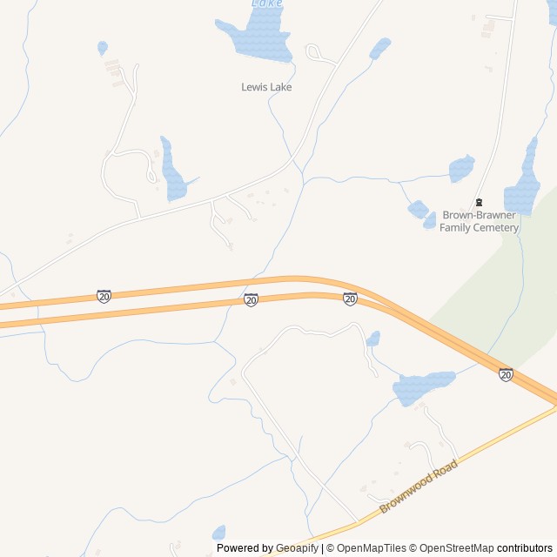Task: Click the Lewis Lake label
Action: click(x=266, y=87)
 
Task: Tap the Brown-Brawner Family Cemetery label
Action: click(x=479, y=222)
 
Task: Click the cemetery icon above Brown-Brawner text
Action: click(x=478, y=202)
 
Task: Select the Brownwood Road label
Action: click(x=418, y=487)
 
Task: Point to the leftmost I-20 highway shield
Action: click(x=104, y=296)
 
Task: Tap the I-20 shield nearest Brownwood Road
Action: click(x=506, y=374)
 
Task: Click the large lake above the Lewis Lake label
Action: click(x=254, y=37)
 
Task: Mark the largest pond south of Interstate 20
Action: click(x=423, y=386)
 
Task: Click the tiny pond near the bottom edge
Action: click(x=218, y=532)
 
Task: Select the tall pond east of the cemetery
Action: click(x=524, y=178)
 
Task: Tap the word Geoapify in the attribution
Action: click(x=297, y=548)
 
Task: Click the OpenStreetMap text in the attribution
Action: click(x=452, y=548)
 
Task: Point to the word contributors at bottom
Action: click(x=525, y=548)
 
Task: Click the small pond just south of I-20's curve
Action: click(x=373, y=339)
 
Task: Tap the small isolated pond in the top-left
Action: click(x=103, y=47)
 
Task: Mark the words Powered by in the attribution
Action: click(x=244, y=548)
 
